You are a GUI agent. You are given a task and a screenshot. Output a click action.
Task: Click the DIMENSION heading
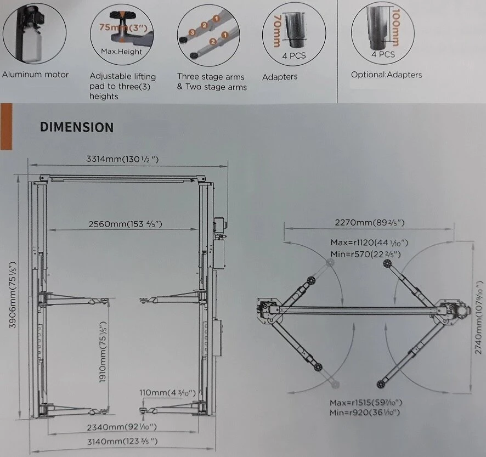[x=77, y=127]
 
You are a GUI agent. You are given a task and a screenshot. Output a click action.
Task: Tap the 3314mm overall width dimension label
[x=123, y=160]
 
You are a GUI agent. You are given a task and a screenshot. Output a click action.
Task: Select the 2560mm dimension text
[x=126, y=224]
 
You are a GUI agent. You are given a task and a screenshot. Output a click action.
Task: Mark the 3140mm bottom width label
[x=121, y=441]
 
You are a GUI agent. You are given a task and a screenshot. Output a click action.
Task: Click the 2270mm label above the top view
[x=370, y=222]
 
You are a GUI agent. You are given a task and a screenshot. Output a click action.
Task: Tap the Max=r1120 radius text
[x=369, y=242]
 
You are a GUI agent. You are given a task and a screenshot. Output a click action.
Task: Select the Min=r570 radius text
[x=365, y=254]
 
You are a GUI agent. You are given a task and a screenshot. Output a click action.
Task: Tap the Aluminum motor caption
[x=36, y=74]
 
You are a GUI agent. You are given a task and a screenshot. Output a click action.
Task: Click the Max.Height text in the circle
[x=122, y=52]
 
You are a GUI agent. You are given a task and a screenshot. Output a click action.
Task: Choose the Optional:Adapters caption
[x=387, y=75]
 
